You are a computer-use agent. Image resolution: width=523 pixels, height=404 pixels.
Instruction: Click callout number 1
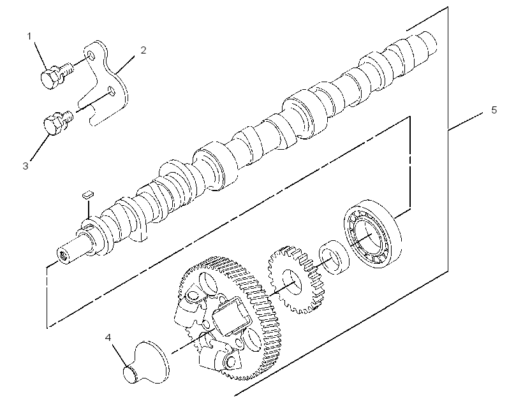(x=29, y=36)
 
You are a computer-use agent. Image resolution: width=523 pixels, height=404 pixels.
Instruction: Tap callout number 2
(x=143, y=50)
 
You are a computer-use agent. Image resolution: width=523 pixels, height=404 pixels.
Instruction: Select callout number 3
(x=26, y=166)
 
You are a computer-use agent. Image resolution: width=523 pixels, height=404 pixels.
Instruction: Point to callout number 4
(x=108, y=338)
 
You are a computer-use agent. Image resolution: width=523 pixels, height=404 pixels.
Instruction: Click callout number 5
(x=494, y=110)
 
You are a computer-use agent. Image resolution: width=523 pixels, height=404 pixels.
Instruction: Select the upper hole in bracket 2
(x=91, y=54)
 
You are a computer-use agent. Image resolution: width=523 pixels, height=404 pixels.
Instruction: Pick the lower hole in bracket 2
(x=112, y=90)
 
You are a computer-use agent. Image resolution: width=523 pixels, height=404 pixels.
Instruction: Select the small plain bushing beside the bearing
(x=334, y=257)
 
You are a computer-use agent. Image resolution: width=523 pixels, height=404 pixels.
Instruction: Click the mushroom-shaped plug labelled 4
(x=147, y=363)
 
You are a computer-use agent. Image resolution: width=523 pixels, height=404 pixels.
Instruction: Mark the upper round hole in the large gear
(x=209, y=284)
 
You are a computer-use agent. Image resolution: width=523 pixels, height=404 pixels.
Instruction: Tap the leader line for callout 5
(x=465, y=121)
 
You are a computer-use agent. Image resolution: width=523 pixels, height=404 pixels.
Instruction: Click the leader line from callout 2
(x=125, y=64)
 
